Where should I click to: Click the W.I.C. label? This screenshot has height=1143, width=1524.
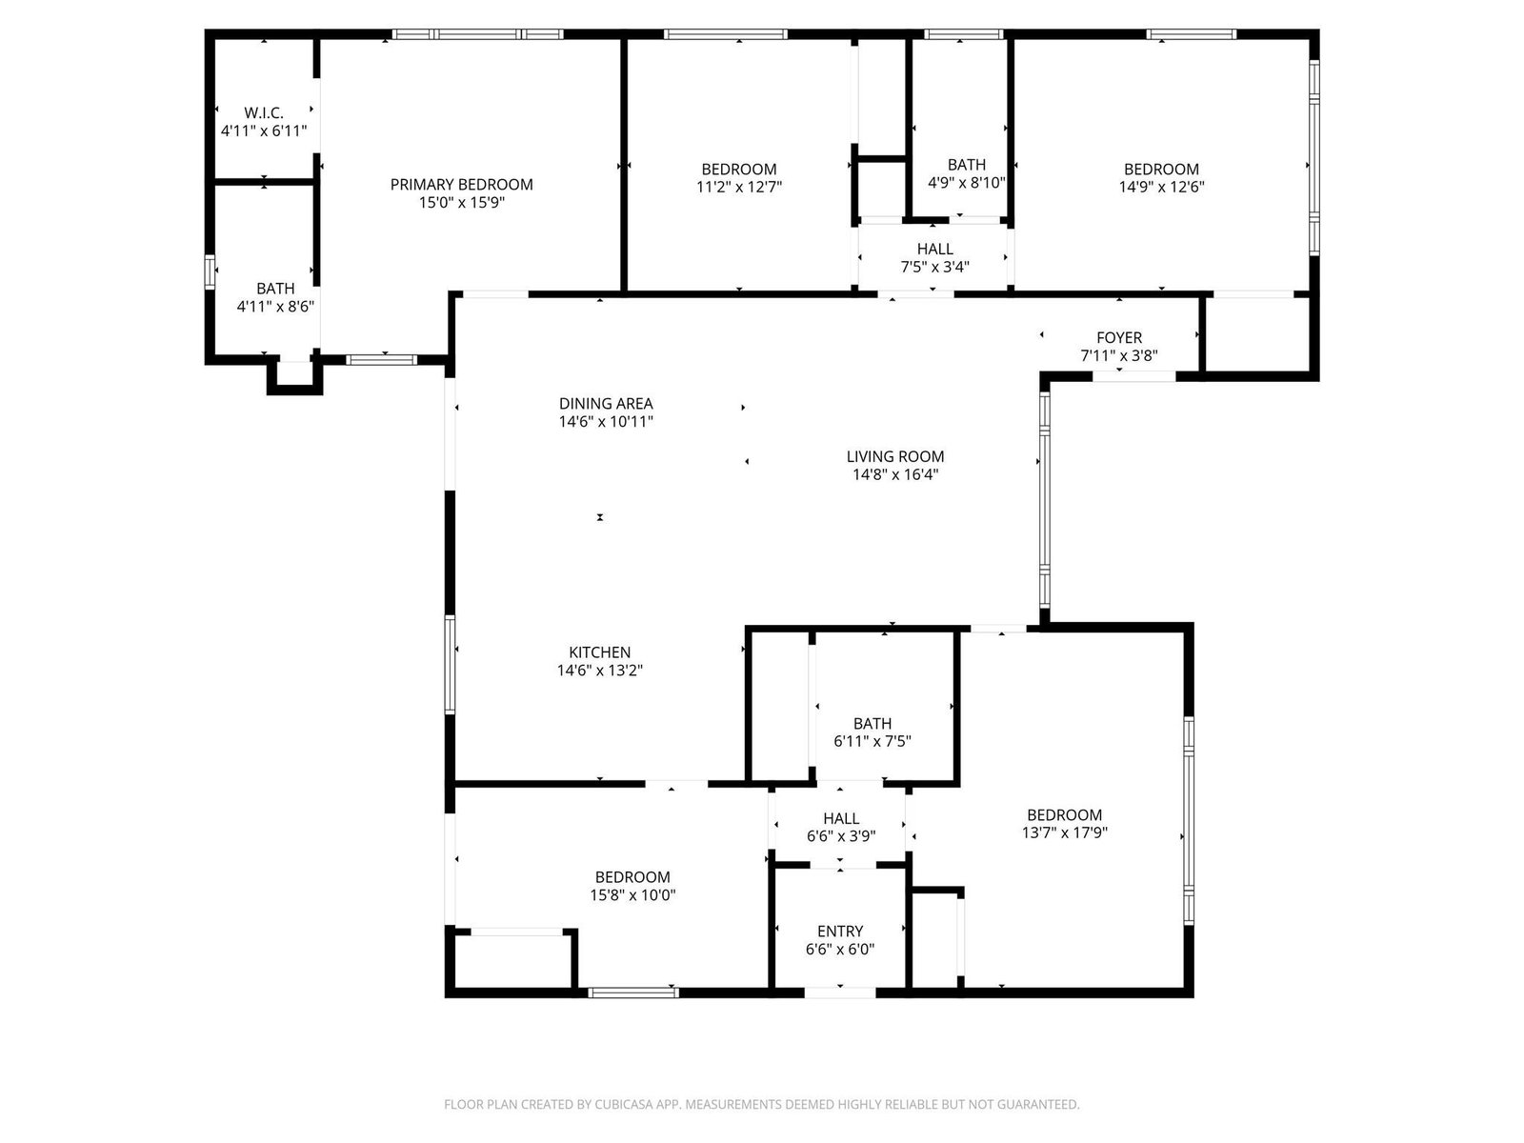tap(264, 112)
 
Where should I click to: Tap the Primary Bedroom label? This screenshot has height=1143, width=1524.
tap(462, 185)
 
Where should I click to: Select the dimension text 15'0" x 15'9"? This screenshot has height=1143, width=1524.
tap(462, 203)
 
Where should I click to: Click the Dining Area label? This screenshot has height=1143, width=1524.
tap(606, 403)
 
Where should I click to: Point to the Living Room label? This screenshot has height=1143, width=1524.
tap(895, 456)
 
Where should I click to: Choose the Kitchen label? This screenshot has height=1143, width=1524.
tap(600, 652)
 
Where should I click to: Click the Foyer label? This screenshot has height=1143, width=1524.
tap(1119, 337)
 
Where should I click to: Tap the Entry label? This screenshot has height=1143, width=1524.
tap(840, 932)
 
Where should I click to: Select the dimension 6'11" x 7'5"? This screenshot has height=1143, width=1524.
tap(872, 741)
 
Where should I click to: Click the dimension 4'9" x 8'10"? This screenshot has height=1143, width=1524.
tap(967, 183)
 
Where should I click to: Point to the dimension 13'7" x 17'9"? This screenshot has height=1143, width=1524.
tap(1064, 832)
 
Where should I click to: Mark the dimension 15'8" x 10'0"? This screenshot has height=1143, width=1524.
tap(632, 895)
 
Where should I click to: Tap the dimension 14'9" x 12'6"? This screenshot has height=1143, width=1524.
tap(1161, 187)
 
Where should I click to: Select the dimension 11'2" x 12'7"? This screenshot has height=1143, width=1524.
tap(739, 187)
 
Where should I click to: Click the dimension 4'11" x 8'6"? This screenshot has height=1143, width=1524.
tap(275, 306)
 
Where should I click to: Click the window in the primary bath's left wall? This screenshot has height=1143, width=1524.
tap(210, 272)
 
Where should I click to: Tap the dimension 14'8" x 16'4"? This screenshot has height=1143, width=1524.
tap(895, 474)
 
